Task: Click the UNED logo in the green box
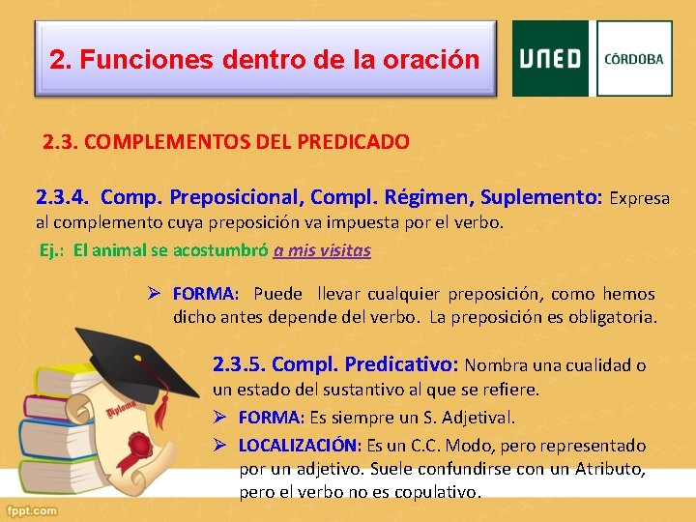pyautogui.click(x=550, y=59)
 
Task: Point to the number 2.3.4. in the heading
pyautogui.click(x=64, y=198)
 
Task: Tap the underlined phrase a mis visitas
pyautogui.click(x=322, y=250)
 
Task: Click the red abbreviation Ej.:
pyautogui.click(x=53, y=250)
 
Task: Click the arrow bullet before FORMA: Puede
pyautogui.click(x=155, y=294)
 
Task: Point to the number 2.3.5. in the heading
pyautogui.click(x=240, y=365)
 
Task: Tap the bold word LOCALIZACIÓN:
pyautogui.click(x=299, y=446)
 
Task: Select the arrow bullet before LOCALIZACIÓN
pyautogui.click(x=220, y=446)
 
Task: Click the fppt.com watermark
pyautogui.click(x=31, y=510)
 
